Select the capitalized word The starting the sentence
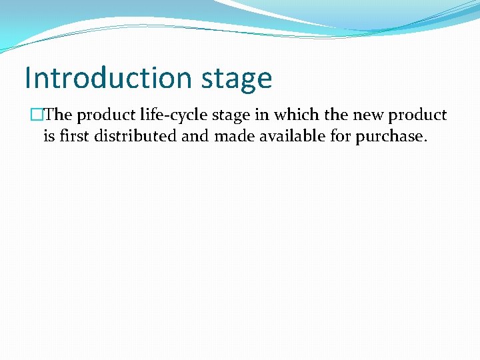click(58, 115)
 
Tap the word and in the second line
click(195, 136)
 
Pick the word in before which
click(258, 115)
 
